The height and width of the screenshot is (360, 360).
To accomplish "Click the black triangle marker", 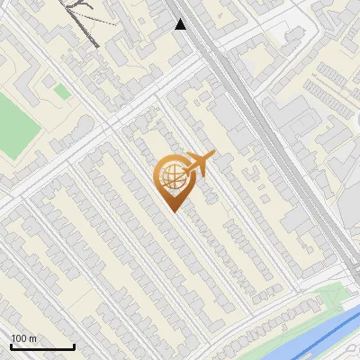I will point(181,24).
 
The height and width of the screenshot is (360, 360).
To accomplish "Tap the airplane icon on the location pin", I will point(198,165).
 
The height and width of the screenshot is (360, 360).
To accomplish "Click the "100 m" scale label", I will point(24,338).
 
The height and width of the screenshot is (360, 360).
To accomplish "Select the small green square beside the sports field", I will point(61,91).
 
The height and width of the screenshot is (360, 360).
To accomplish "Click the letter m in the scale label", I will point(33,338).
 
